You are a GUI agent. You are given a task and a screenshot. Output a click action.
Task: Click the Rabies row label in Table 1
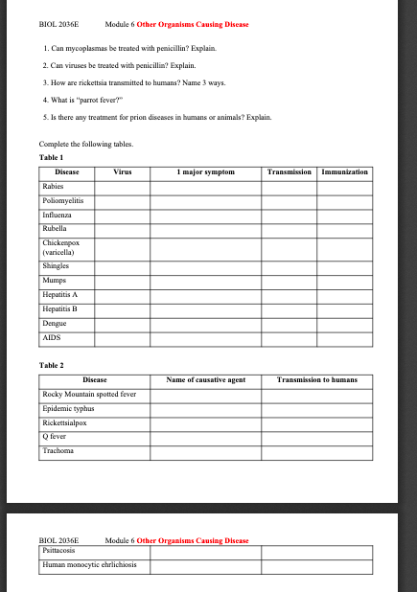click(52, 187)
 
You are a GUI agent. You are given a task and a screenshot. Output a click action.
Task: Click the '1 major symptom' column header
click(206, 172)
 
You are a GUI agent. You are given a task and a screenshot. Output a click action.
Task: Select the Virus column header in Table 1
click(122, 172)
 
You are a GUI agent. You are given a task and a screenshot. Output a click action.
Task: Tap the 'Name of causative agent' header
click(206, 380)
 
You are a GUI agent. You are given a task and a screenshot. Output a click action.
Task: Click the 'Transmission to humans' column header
click(316, 380)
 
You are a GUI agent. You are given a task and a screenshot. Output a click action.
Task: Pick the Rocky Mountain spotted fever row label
click(90, 394)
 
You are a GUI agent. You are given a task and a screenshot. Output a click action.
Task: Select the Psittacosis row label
click(60, 551)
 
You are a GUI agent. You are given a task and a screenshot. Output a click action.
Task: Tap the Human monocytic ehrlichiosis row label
click(89, 565)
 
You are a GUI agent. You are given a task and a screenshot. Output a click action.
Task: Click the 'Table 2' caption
click(51, 366)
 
